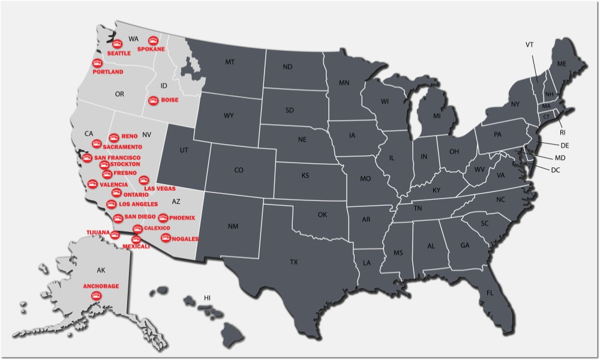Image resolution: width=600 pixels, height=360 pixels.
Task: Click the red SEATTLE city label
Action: click(x=119, y=53)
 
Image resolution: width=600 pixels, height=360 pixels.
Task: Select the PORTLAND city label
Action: click(x=109, y=72)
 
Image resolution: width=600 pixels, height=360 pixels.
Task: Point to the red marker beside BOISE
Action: click(x=152, y=100)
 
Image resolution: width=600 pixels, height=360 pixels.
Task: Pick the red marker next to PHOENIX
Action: click(x=163, y=217)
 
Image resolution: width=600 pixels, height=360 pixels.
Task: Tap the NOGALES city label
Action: click(x=185, y=239)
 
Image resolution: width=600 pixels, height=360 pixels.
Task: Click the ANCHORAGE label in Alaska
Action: click(x=101, y=286)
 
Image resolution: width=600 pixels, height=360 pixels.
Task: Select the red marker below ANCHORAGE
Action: click(x=100, y=295)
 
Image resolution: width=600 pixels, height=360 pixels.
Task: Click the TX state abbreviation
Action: click(x=294, y=262)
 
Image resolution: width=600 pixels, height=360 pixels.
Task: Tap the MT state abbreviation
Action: click(x=230, y=62)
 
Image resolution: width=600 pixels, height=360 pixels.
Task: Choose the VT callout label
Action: click(x=530, y=45)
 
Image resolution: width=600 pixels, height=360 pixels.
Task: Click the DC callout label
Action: click(x=556, y=170)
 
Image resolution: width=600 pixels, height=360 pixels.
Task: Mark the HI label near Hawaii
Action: click(x=208, y=298)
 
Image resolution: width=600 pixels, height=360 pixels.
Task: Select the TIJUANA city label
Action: click(x=98, y=232)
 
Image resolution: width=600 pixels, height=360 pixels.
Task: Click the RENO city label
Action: click(x=130, y=136)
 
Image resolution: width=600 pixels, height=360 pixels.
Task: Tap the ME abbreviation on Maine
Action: click(x=562, y=64)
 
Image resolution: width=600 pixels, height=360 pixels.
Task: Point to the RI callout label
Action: click(x=563, y=132)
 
